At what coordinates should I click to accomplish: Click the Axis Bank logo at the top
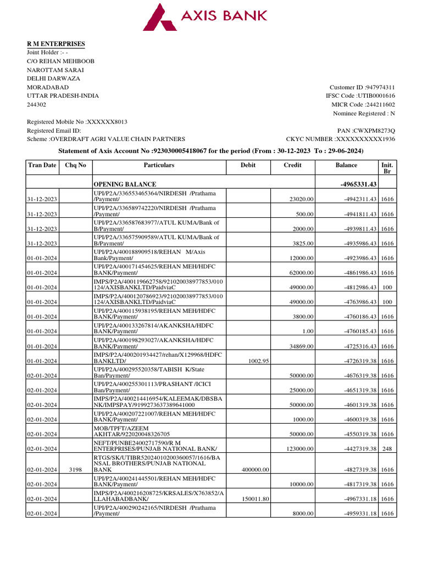(x=205, y=16)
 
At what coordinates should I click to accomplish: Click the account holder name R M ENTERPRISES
(x=56, y=44)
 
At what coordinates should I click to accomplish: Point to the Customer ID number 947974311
(x=381, y=87)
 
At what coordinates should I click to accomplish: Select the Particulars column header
(x=159, y=165)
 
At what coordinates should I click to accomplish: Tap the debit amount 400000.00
(x=256, y=470)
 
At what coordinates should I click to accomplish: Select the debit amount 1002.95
(x=258, y=361)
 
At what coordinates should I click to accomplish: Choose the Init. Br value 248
(x=387, y=449)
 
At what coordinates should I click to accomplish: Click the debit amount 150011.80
(x=256, y=499)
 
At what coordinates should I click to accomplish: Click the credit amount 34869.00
(x=301, y=346)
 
